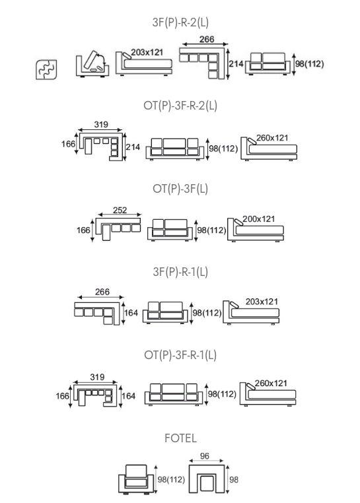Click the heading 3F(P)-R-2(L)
tap(180, 22)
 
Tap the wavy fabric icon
tap(46, 69)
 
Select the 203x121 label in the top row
tap(147, 52)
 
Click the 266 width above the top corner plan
tap(207, 39)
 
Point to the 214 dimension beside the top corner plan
tap(236, 63)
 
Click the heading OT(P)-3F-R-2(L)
tap(180, 106)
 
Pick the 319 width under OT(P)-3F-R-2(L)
tap(101, 124)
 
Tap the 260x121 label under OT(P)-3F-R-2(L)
tap(272, 138)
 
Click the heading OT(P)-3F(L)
tap(180, 189)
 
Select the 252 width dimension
tap(120, 210)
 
